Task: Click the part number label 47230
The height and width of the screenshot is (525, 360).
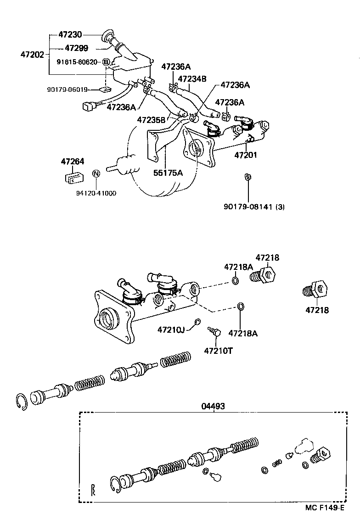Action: (70, 34)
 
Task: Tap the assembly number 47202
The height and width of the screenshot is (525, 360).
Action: (32, 55)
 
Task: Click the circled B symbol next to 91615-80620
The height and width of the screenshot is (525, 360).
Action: (106, 62)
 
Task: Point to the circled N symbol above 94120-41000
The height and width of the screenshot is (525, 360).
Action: (96, 174)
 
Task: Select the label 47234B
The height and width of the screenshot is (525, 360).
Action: (192, 78)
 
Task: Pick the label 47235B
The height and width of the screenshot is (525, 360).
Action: (151, 120)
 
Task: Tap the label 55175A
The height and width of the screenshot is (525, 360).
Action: (168, 173)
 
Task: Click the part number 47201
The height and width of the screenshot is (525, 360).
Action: (246, 155)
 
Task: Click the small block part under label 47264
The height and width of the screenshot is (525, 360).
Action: (73, 176)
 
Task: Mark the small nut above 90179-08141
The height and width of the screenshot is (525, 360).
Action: (247, 177)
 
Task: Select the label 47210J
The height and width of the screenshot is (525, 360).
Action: (171, 330)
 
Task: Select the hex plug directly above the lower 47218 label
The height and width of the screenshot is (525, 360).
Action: (317, 289)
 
